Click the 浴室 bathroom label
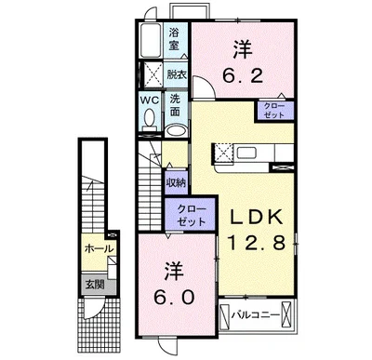(174, 39)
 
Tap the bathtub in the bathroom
(150, 40)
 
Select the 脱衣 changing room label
(177, 74)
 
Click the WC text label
(150, 100)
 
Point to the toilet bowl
(150, 118)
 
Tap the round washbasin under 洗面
(176, 130)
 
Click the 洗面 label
(175, 105)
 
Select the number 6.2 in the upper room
(243, 75)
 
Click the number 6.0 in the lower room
(174, 298)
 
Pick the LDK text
(256, 217)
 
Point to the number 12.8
(256, 242)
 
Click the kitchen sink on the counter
(246, 153)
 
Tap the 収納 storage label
(176, 182)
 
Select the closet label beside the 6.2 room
(273, 111)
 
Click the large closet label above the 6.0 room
(191, 216)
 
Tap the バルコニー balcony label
(256, 315)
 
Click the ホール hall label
(100, 248)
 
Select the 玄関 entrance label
(95, 284)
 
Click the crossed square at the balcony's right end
(286, 315)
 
